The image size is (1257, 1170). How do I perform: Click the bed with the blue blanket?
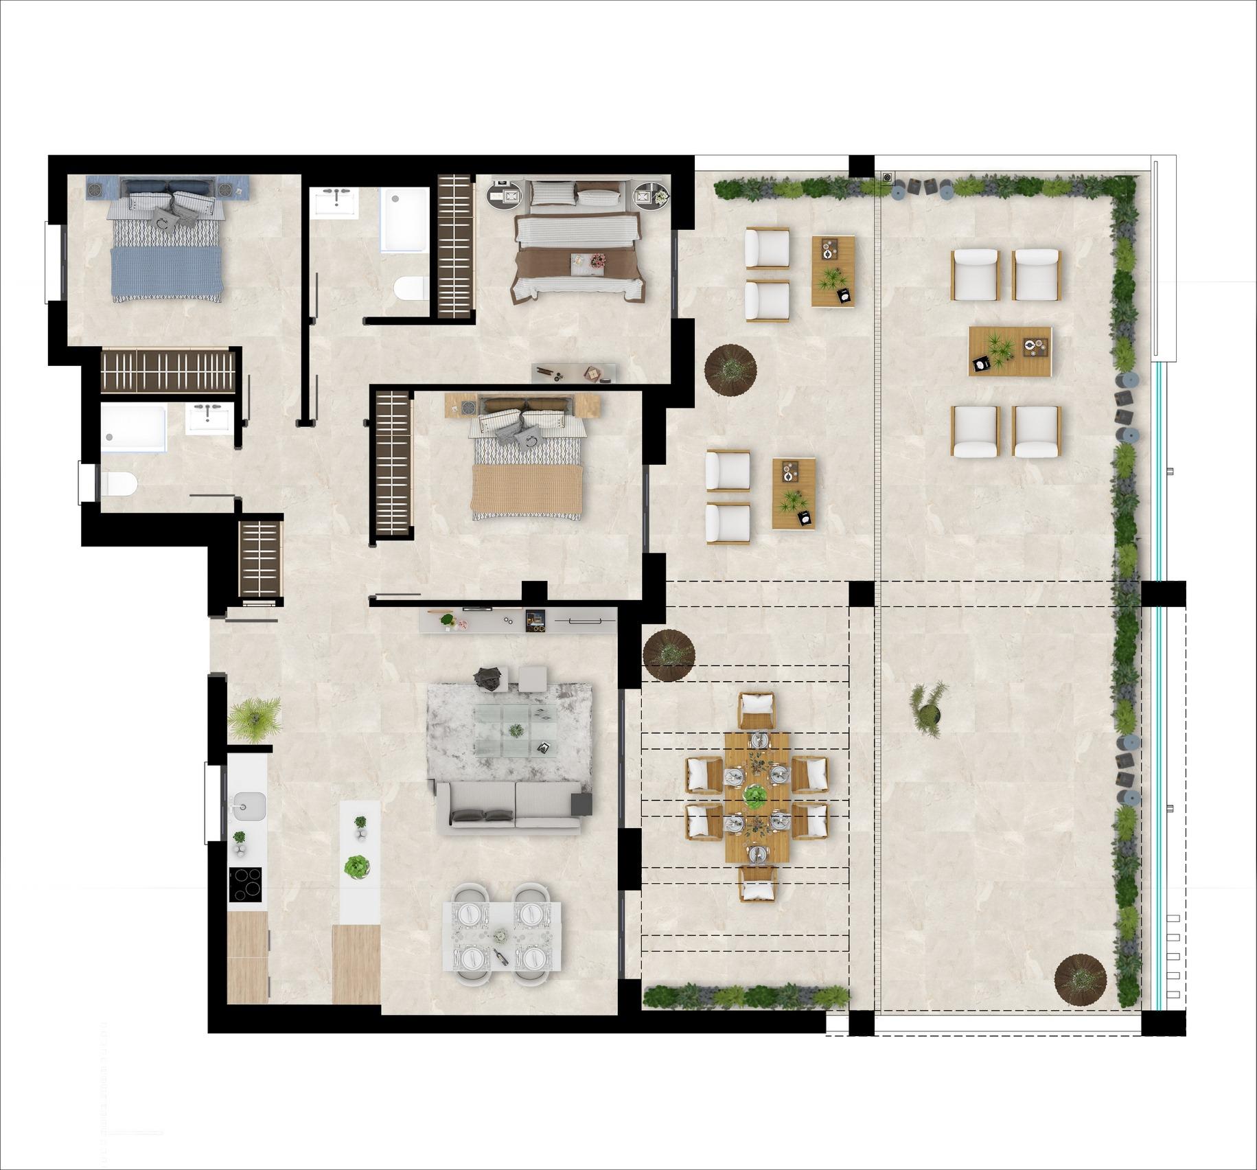tap(166, 247)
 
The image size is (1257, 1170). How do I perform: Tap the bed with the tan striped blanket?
tap(527, 467)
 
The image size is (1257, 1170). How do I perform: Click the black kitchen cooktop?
tap(245, 884)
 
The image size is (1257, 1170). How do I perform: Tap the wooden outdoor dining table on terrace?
tap(757, 796)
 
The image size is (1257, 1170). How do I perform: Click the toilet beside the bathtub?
tap(411, 288)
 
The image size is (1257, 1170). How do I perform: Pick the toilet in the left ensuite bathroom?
tap(119, 483)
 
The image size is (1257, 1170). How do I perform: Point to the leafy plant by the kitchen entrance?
tap(254, 719)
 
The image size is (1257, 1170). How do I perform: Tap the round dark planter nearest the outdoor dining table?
tap(669, 655)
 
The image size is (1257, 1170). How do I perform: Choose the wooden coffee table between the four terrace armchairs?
tap(1009, 351)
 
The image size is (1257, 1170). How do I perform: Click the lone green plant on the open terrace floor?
tap(927, 710)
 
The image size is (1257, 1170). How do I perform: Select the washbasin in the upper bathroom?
tap(334, 203)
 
